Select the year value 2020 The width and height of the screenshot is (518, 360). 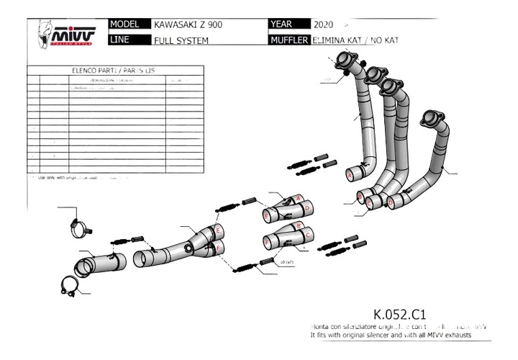tap(323, 24)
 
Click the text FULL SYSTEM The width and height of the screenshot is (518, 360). tap(181, 40)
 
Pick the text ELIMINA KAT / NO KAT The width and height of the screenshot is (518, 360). tap(355, 40)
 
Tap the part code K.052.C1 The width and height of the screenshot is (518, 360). tap(400, 315)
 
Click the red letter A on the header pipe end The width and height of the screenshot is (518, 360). tap(350, 175)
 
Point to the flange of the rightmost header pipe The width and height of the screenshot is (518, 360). tap(432, 119)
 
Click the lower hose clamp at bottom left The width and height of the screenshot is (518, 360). tap(71, 287)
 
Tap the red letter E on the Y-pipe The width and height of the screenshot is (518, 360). tap(218, 230)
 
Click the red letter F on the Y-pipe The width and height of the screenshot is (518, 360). tap(217, 248)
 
